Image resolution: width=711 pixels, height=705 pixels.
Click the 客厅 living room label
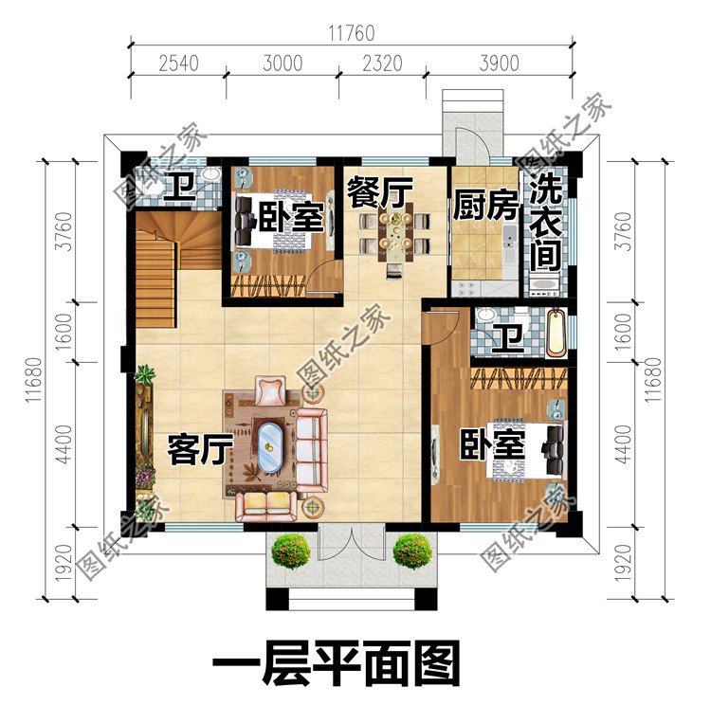pyautogui.click(x=196, y=450)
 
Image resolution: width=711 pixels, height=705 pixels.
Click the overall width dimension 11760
pyautogui.click(x=351, y=33)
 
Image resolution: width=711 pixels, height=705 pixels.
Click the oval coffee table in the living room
pyautogui.click(x=272, y=445)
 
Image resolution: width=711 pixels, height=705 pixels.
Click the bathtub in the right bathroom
pyautogui.click(x=556, y=334)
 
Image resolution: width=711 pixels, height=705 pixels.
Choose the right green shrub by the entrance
pyautogui.click(x=412, y=551)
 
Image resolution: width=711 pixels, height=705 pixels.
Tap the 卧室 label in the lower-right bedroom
pyautogui.click(x=493, y=443)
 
